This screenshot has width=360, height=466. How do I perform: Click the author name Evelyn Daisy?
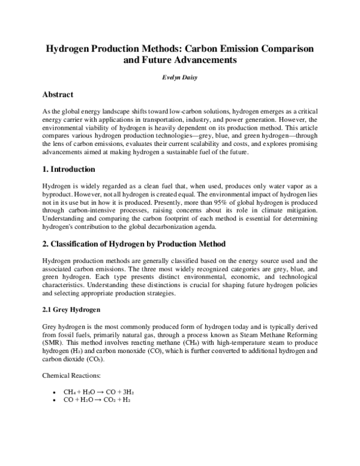click(179, 77)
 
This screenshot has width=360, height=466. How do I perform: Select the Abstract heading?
click(58, 95)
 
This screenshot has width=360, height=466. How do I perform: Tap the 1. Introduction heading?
click(69, 169)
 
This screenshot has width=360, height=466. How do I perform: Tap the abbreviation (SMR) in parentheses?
click(52, 342)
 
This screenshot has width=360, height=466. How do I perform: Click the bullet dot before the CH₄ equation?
click(55, 391)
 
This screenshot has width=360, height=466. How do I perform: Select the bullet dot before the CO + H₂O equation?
click(55, 399)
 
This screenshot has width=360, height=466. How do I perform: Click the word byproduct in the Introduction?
click(56, 195)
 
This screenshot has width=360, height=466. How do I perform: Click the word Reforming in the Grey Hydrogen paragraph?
click(301, 333)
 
